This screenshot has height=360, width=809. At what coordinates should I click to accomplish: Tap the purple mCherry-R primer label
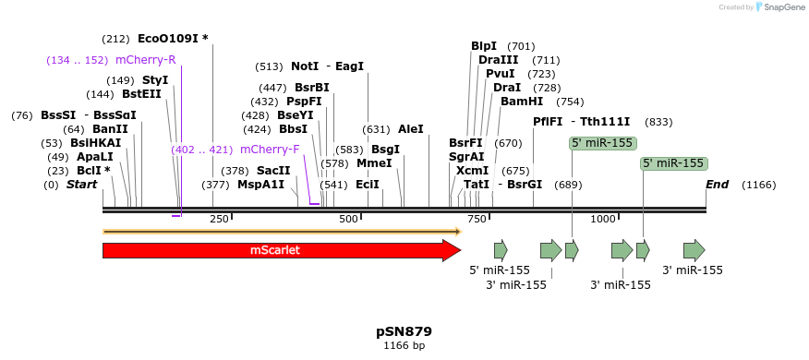point(145,60)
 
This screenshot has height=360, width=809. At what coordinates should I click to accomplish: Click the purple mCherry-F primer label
point(270,150)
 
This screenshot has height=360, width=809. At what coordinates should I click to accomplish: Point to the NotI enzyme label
point(305,66)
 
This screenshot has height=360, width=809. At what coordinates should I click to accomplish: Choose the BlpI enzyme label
point(484,46)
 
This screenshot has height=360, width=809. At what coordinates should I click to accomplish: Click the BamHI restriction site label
point(522,102)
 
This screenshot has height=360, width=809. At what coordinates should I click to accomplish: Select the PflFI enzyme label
point(548,121)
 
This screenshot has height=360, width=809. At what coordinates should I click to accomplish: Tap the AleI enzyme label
point(410,129)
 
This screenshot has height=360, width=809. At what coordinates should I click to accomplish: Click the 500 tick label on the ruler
point(348,219)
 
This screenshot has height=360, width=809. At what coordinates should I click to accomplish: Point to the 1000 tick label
point(602,219)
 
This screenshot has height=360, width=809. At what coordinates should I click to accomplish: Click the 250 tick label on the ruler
point(219,219)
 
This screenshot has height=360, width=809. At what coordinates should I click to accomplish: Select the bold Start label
point(81,185)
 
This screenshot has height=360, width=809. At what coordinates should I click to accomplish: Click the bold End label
point(717,185)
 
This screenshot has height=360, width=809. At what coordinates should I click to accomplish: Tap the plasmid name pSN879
point(404,331)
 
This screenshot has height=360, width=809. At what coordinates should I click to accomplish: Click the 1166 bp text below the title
point(404,345)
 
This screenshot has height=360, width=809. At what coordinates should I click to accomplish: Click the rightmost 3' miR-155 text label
point(693,270)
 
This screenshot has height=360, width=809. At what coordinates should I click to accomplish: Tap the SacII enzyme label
point(273,171)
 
